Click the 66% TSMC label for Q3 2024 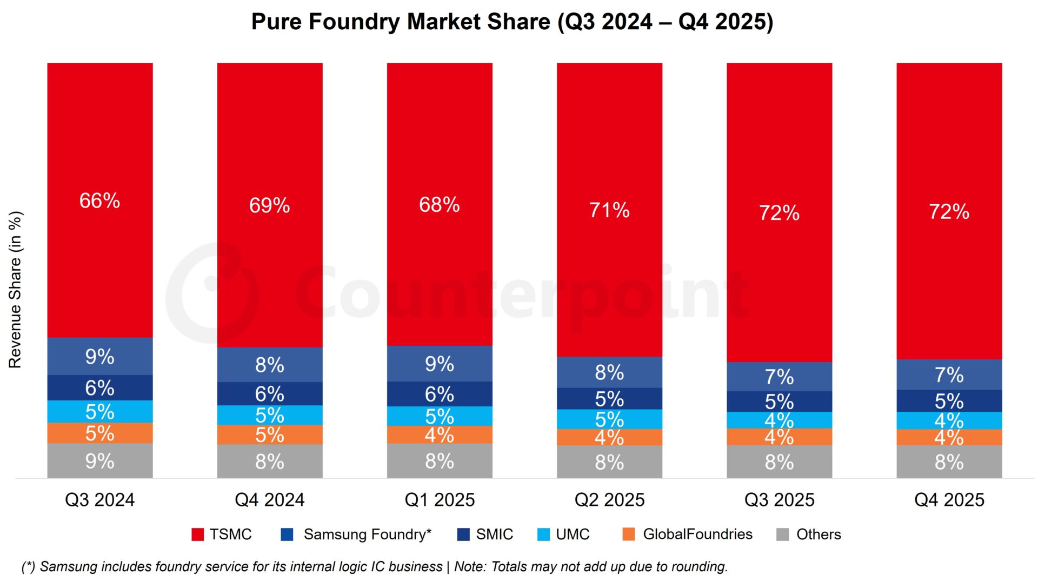[99, 201]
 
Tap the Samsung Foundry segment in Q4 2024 [270, 365]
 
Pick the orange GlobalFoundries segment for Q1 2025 [440, 435]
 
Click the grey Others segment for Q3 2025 [779, 462]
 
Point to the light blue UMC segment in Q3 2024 [99, 412]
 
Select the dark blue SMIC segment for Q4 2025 [949, 401]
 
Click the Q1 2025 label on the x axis [440, 500]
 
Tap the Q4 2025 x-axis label [949, 500]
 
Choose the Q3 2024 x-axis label [99, 500]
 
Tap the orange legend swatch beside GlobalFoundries [629, 534]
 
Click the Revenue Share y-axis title [15, 290]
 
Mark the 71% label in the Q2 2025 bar [609, 210]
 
